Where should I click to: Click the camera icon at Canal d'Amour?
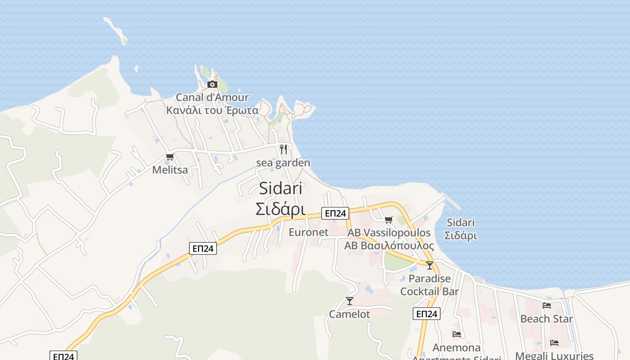pos(212,84)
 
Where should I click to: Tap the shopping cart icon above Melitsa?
pos(170,157)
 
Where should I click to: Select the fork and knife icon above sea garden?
pos(283,149)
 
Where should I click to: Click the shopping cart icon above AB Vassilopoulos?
pos(388,220)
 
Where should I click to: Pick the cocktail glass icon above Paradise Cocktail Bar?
pos(430,265)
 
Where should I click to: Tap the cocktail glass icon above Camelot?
pos(350,301)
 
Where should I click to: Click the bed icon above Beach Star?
pos(547,305)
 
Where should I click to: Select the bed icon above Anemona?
pos(457,334)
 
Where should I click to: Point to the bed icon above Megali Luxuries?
pos(554,343)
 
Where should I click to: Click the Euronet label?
pos(309,232)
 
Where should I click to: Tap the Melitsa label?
pos(170,170)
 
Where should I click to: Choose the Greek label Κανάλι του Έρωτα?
pos(212,111)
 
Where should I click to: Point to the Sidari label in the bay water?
pos(461,222)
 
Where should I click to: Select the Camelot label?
pos(350,314)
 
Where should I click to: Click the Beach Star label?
pos(546,319)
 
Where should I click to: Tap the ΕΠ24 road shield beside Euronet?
pos(335,213)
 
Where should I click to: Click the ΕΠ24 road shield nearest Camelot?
pos(426,314)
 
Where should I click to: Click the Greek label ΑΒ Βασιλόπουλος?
pos(389,246)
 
